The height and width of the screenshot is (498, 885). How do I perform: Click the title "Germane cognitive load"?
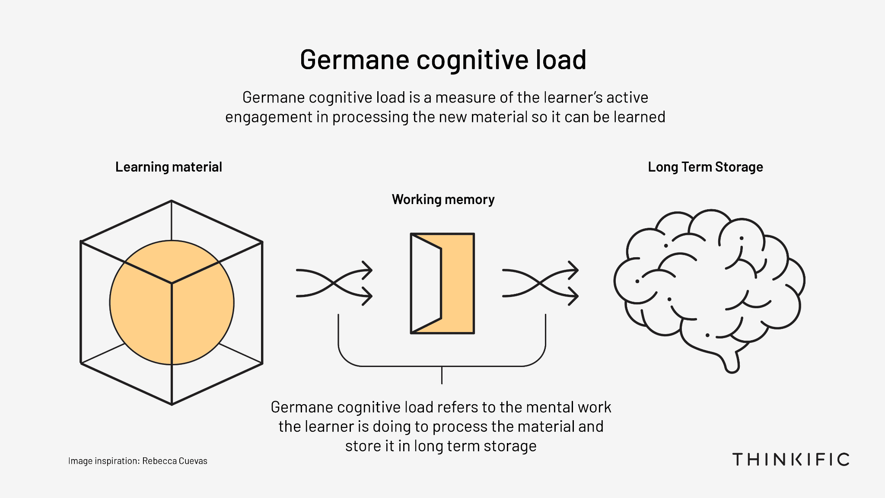(x=443, y=60)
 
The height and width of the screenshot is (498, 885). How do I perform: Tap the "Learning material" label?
(x=169, y=167)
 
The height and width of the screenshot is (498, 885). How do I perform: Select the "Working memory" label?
(x=443, y=200)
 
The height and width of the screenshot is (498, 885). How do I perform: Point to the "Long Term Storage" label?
(x=705, y=167)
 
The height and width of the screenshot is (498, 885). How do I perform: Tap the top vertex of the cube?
(x=172, y=201)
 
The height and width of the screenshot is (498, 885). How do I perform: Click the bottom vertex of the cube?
(x=172, y=404)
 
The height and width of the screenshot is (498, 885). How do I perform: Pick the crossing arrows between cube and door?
(x=334, y=283)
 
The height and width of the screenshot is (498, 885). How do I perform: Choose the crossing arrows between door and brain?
(x=540, y=283)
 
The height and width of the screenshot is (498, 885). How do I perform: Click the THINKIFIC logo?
(x=791, y=459)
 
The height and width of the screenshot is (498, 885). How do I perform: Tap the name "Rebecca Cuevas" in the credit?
(x=175, y=461)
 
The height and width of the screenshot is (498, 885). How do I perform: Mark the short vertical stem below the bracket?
(x=442, y=375)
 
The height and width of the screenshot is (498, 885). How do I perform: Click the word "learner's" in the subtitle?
(x=572, y=98)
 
